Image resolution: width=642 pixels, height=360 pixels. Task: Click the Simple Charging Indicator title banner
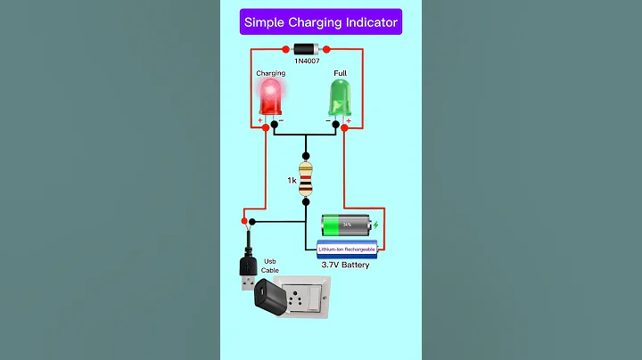(x=321, y=21)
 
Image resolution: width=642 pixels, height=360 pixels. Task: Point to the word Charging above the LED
(x=271, y=73)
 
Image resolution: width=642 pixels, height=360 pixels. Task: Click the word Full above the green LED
(x=340, y=73)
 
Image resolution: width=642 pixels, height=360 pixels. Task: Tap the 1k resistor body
(x=306, y=179)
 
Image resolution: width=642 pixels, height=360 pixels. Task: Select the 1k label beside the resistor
(x=292, y=180)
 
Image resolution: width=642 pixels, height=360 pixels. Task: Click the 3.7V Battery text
(x=347, y=265)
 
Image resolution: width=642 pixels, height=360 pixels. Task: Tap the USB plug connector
(x=249, y=268)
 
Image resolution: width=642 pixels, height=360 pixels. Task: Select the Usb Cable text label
(x=269, y=266)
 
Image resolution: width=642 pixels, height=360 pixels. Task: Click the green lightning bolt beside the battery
(x=376, y=225)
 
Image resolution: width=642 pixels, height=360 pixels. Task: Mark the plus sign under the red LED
(x=260, y=119)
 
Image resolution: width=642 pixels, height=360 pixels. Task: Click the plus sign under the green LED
(x=349, y=119)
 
